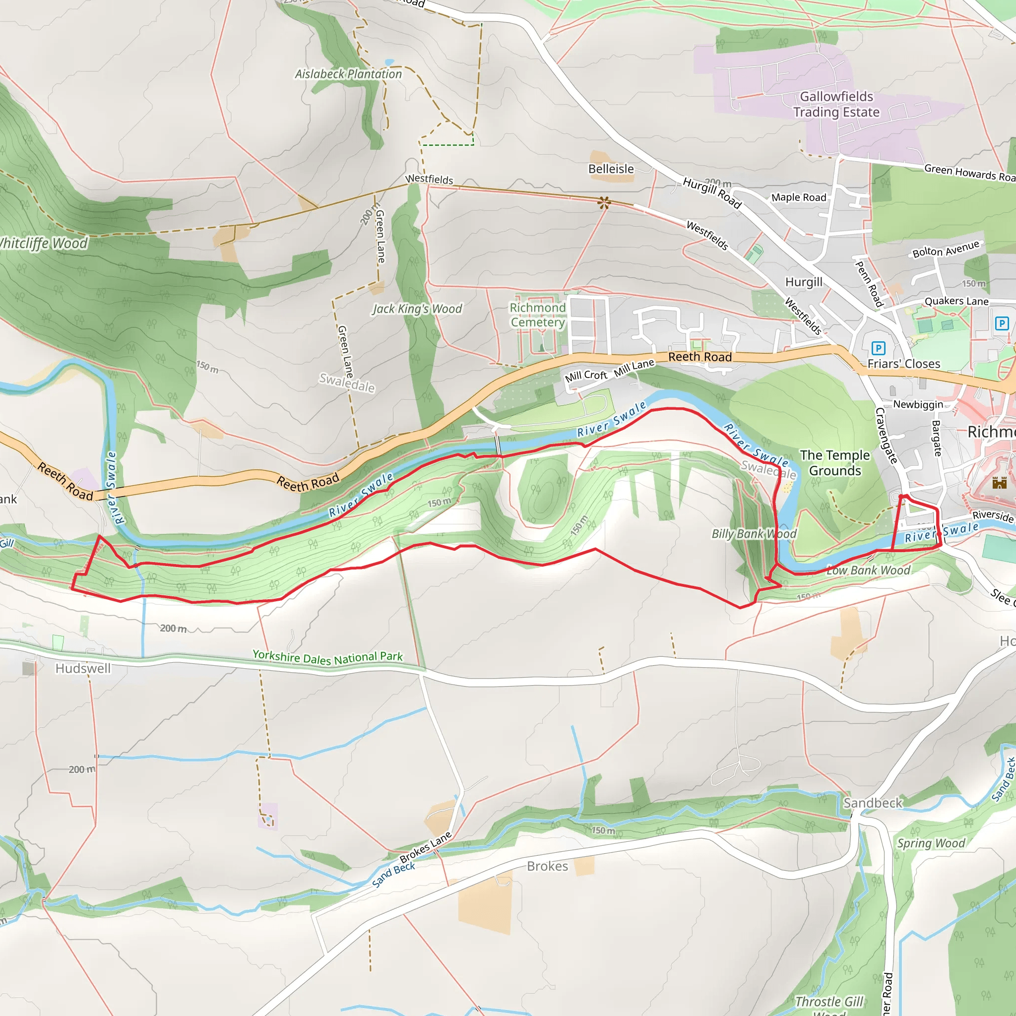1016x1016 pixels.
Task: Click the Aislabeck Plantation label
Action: click(x=348, y=74)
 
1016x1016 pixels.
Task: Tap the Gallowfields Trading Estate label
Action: click(x=836, y=104)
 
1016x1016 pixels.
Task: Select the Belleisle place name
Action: click(x=611, y=169)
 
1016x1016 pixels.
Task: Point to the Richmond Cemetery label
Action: click(x=537, y=315)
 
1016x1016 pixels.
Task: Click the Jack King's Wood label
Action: click(x=417, y=309)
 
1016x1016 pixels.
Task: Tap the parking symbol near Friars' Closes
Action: click(x=878, y=348)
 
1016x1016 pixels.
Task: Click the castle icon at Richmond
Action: click(x=999, y=482)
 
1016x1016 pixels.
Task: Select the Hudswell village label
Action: click(x=83, y=668)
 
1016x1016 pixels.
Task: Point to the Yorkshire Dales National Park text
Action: click(x=327, y=657)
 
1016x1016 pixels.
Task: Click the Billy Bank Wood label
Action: click(x=754, y=534)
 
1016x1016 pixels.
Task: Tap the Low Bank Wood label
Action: click(x=868, y=570)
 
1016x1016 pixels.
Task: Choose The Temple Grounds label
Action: click(x=834, y=463)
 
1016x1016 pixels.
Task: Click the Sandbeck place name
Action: click(x=873, y=803)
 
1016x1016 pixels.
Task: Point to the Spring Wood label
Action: click(x=931, y=843)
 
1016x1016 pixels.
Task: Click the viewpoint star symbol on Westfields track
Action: click(x=604, y=202)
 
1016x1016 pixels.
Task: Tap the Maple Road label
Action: click(x=798, y=197)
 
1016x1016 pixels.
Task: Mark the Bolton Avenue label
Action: click(x=946, y=249)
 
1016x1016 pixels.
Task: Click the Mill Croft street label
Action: click(x=585, y=376)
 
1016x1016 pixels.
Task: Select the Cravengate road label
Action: click(x=886, y=436)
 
